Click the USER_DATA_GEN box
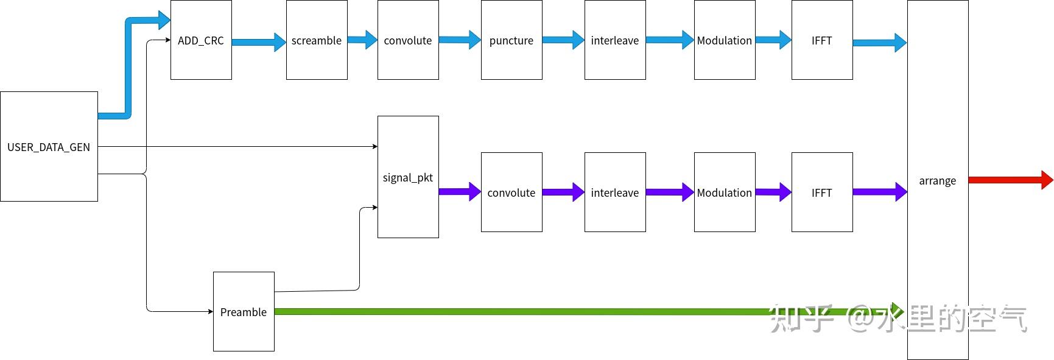coord(49,146)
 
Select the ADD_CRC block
coord(201,40)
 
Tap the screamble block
coord(317,40)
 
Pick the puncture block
coord(511,40)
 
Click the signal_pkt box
coord(408,177)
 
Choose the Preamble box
coord(244,311)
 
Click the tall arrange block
coord(938,180)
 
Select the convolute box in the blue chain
coord(408,40)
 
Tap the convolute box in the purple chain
coord(511,192)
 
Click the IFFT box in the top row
coord(822,40)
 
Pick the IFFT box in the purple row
coord(822,192)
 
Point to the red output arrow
coord(1011,180)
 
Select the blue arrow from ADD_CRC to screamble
coord(259,42)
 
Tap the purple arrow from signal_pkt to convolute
coord(460,191)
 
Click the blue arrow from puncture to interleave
coord(563,40)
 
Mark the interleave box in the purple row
coord(615,192)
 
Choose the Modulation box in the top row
coord(725,40)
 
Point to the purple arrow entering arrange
coord(880,191)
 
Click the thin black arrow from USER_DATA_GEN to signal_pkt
coord(237,146)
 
